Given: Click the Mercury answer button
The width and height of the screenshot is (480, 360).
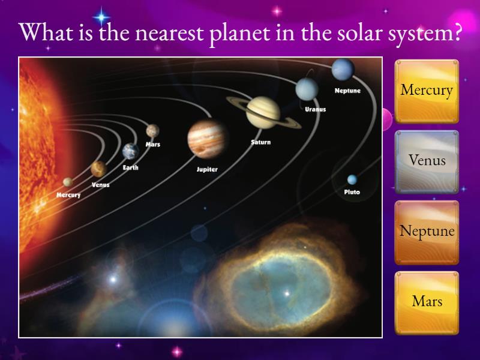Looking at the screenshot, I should click(427, 91).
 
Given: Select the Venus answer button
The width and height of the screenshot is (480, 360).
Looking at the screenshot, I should click(427, 161).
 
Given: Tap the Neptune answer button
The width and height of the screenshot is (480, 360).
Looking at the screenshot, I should click(427, 232).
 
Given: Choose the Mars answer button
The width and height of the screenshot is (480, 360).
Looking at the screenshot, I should click(427, 301).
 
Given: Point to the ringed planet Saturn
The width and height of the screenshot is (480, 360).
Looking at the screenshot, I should click(263, 112).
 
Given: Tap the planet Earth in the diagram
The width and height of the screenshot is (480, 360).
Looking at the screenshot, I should click(130, 151).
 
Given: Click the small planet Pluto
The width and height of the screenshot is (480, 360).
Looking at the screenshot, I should click(352, 179).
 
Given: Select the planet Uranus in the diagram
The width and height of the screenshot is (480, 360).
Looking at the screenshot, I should click(307, 89).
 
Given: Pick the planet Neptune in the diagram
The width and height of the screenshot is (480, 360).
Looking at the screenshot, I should click(343, 70).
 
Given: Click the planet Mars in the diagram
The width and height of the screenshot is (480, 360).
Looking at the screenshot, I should click(152, 130).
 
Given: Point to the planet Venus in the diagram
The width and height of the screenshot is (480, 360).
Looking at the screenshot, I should click(98, 169).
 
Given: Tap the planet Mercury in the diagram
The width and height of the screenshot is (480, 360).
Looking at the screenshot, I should click(68, 182).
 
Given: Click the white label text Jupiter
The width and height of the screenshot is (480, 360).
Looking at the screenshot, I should click(207, 170).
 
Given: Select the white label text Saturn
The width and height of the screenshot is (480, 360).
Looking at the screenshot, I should click(260, 143).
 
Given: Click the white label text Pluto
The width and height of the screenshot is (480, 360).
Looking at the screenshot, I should click(352, 193).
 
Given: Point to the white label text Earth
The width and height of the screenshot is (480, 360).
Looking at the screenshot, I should click(130, 168).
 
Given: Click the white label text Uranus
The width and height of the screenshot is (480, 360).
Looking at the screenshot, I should click(315, 110).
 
